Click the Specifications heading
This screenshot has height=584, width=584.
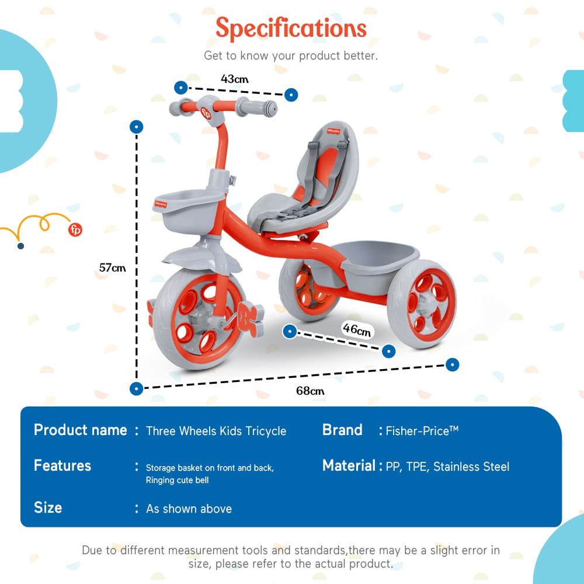click(291, 28)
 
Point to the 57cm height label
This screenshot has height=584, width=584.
click(112, 268)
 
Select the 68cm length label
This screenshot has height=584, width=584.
click(310, 391)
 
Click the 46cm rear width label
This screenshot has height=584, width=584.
click(356, 330)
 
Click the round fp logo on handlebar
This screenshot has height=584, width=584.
click(206, 113)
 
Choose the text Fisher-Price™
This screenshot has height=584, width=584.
click(422, 431)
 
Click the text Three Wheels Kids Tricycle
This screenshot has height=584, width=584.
click(216, 431)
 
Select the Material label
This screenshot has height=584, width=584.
click(349, 465)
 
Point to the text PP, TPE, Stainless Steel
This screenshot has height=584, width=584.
click(447, 467)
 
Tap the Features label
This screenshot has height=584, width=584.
click(62, 465)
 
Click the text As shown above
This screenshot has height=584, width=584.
click(189, 509)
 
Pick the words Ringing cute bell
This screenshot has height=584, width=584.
click(177, 480)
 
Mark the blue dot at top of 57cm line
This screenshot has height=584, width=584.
click(137, 126)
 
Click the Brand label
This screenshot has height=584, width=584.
click(342, 430)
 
